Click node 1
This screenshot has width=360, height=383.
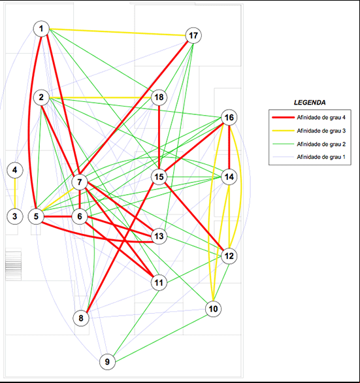pyautogui.click(x=41, y=29)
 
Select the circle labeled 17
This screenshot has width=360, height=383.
pyautogui.click(x=193, y=36)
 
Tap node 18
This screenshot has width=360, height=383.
pyautogui.click(x=159, y=97)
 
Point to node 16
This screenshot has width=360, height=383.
pyautogui.click(x=229, y=118)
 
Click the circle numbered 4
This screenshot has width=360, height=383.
pyautogui.click(x=15, y=170)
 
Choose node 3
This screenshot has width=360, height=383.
pyautogui.click(x=15, y=216)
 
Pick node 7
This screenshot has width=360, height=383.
pyautogui.click(x=80, y=182)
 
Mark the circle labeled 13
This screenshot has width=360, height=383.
pyautogui.click(x=159, y=236)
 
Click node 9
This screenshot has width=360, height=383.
pyautogui.click(x=107, y=361)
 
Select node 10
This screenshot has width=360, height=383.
pyautogui.click(x=213, y=309)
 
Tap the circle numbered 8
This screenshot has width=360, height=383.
pyautogui.click(x=81, y=318)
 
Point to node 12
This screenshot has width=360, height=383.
pyautogui.click(x=229, y=256)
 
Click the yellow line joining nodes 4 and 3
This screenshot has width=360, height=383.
pyautogui.click(x=15, y=193)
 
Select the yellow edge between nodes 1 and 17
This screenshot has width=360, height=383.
pyautogui.click(x=118, y=32)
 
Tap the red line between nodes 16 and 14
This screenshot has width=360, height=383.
pyautogui.click(x=229, y=147)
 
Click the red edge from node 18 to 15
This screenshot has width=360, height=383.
pyautogui.click(x=159, y=137)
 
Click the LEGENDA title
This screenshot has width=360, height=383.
pyautogui.click(x=310, y=103)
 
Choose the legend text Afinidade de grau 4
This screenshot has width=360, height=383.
pyautogui.click(x=321, y=118)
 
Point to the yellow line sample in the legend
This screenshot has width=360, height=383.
pyautogui.click(x=284, y=131)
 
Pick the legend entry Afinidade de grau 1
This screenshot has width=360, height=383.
pyautogui.click(x=321, y=157)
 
